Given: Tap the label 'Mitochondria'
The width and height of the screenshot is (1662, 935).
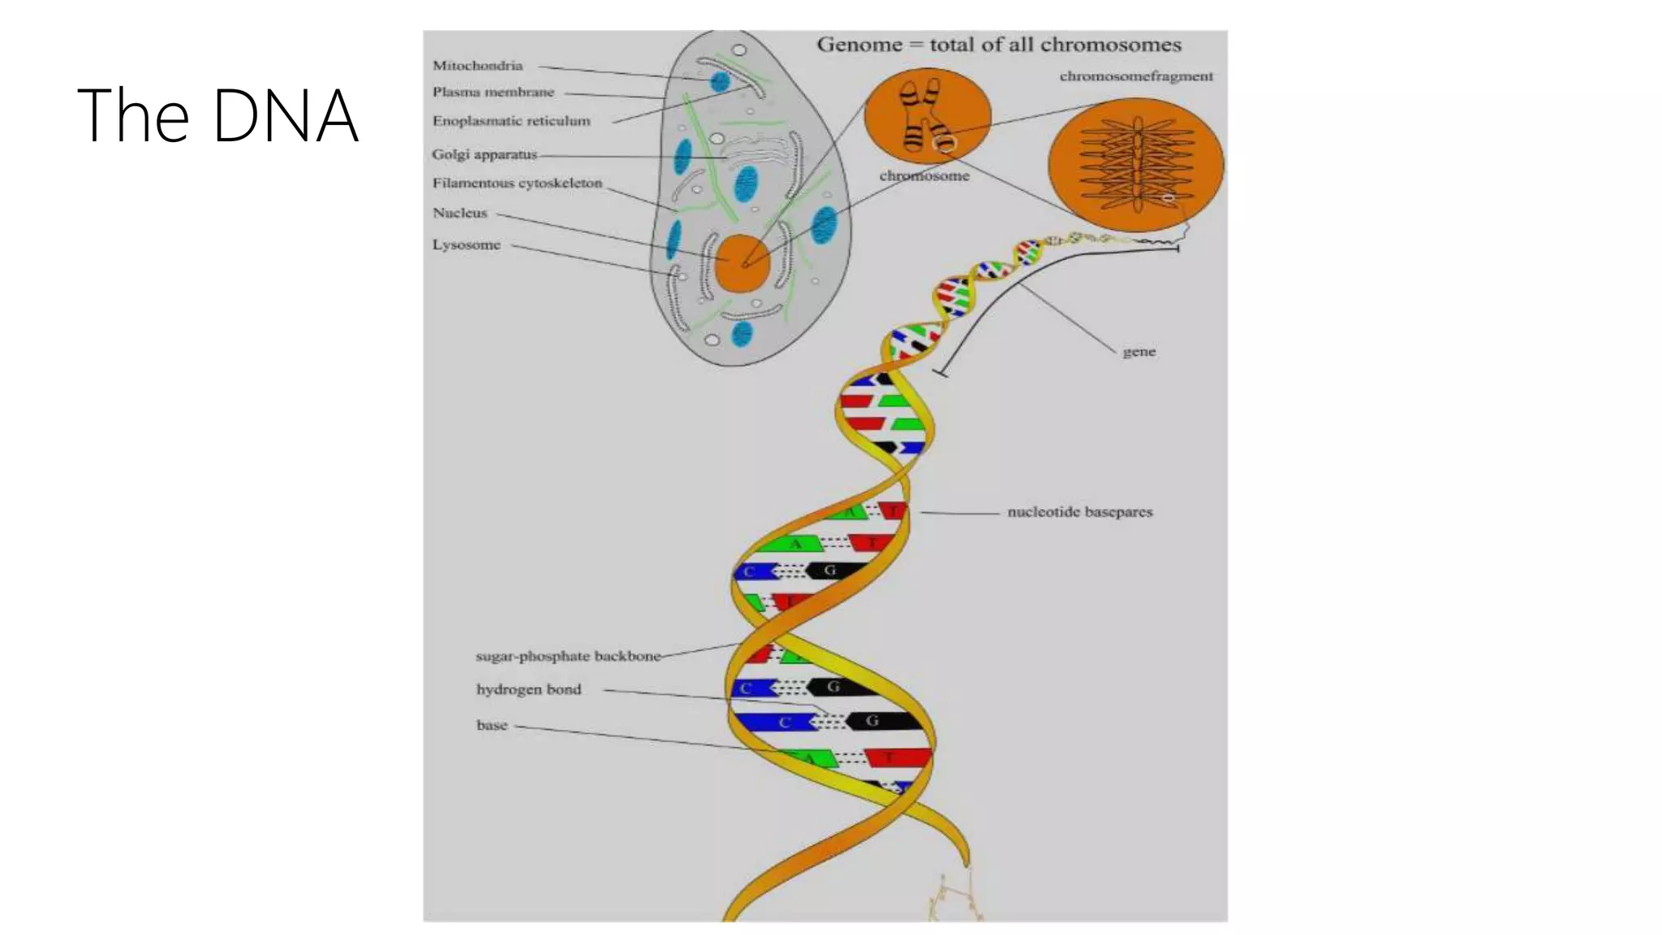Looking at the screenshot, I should tap(477, 66).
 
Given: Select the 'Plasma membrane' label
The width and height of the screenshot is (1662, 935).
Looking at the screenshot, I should tap(493, 92).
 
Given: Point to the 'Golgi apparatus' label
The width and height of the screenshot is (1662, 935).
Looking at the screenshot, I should tap(484, 154).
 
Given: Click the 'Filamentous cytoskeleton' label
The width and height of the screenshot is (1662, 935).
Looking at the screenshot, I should tap(517, 183).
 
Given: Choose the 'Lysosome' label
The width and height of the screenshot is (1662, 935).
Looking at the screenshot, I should tap(466, 244).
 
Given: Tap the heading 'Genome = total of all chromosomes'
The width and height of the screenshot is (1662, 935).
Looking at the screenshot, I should tap(998, 45).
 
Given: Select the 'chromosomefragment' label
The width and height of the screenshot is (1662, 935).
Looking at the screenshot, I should tap(1135, 76).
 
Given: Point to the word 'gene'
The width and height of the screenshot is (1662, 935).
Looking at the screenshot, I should tap(1139, 351).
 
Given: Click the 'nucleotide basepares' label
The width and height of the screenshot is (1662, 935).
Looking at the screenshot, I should tap(1079, 512).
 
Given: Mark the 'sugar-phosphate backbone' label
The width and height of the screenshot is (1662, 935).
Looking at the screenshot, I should tap(568, 656).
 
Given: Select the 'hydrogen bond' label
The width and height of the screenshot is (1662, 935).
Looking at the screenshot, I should tap(528, 690).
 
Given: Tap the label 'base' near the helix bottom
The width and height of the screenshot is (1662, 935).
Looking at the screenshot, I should tap(491, 726).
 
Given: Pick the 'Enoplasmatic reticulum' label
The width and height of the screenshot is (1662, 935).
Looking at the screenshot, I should tap(510, 121).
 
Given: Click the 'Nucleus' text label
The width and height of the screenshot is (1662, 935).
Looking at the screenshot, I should tap(459, 213).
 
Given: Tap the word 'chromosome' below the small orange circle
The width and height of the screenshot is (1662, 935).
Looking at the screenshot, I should tap(924, 175).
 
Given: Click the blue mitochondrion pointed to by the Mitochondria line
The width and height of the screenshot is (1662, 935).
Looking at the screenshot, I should tap(720, 81).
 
